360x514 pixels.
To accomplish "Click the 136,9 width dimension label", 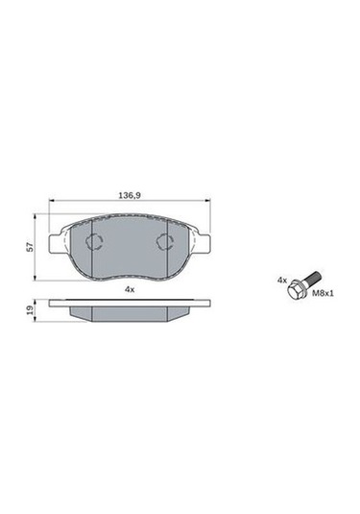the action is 130,196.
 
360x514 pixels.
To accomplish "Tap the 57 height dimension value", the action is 30,247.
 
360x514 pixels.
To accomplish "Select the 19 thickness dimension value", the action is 30,310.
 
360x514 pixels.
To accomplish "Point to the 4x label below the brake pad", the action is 130,289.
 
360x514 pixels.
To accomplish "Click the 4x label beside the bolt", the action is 282,281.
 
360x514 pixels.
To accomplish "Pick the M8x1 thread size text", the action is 323,293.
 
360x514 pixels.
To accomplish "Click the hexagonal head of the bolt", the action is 295,289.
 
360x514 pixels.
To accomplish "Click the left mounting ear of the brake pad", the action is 55,244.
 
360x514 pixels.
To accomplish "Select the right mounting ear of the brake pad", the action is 204,244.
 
